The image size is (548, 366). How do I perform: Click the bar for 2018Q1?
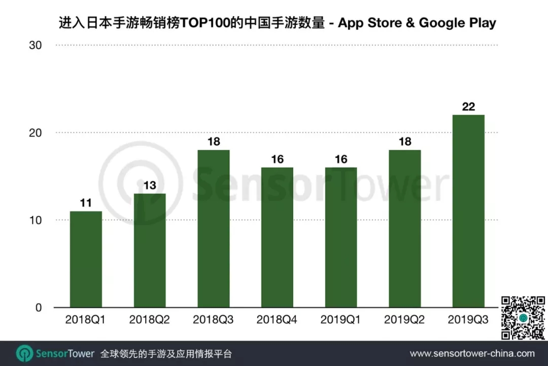(x=86, y=259)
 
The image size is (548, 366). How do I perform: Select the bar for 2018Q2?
(x=150, y=250)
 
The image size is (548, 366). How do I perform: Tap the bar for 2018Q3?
(x=214, y=229)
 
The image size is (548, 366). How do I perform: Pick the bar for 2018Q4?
(x=277, y=237)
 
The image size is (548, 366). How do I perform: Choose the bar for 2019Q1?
(x=341, y=237)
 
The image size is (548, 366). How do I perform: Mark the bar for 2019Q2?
(x=404, y=229)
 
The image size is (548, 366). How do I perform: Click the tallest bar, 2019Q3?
(x=468, y=211)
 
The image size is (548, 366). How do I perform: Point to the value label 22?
(x=468, y=107)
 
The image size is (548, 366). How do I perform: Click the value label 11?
(x=86, y=203)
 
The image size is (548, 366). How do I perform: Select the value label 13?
(x=150, y=186)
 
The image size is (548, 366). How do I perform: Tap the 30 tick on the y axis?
(x=35, y=45)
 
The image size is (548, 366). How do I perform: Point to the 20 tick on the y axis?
(x=35, y=133)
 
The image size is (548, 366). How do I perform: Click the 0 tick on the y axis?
(x=38, y=308)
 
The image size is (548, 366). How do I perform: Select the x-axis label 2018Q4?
(x=277, y=320)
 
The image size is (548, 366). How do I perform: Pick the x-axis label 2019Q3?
(x=468, y=320)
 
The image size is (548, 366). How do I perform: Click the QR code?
(x=523, y=318)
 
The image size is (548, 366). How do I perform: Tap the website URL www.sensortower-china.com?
(x=472, y=353)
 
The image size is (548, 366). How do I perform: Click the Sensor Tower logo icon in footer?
(x=24, y=353)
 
